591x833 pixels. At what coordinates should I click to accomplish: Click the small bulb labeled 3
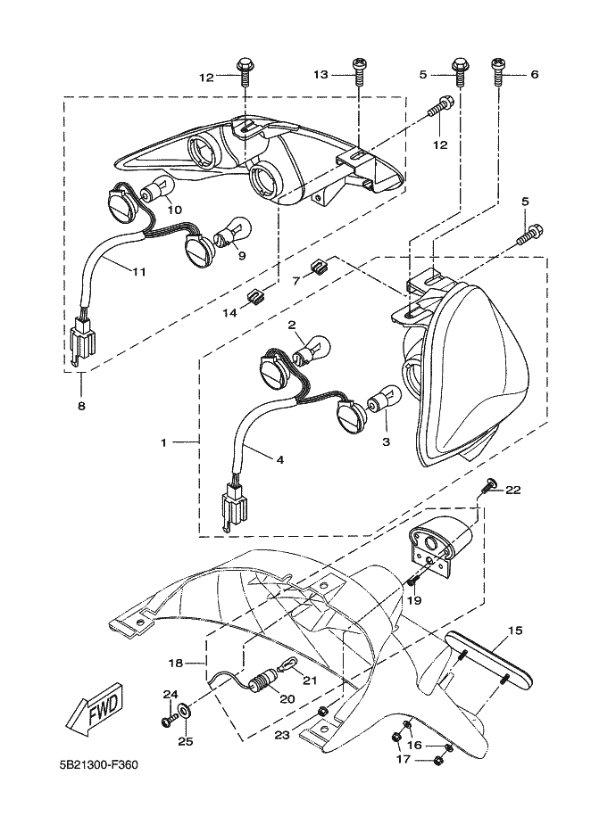pyautogui.click(x=384, y=398)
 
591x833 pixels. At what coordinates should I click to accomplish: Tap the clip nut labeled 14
pyautogui.click(x=257, y=295)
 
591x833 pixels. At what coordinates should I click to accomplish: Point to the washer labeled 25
pyautogui.click(x=184, y=710)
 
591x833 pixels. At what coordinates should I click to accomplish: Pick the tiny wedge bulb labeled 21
pyautogui.click(x=289, y=664)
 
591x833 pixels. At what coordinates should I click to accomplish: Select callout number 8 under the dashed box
pyautogui.click(x=81, y=406)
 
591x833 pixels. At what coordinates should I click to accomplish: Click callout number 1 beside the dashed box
pyautogui.click(x=164, y=442)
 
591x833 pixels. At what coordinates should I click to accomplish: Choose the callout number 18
pyautogui.click(x=176, y=664)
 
